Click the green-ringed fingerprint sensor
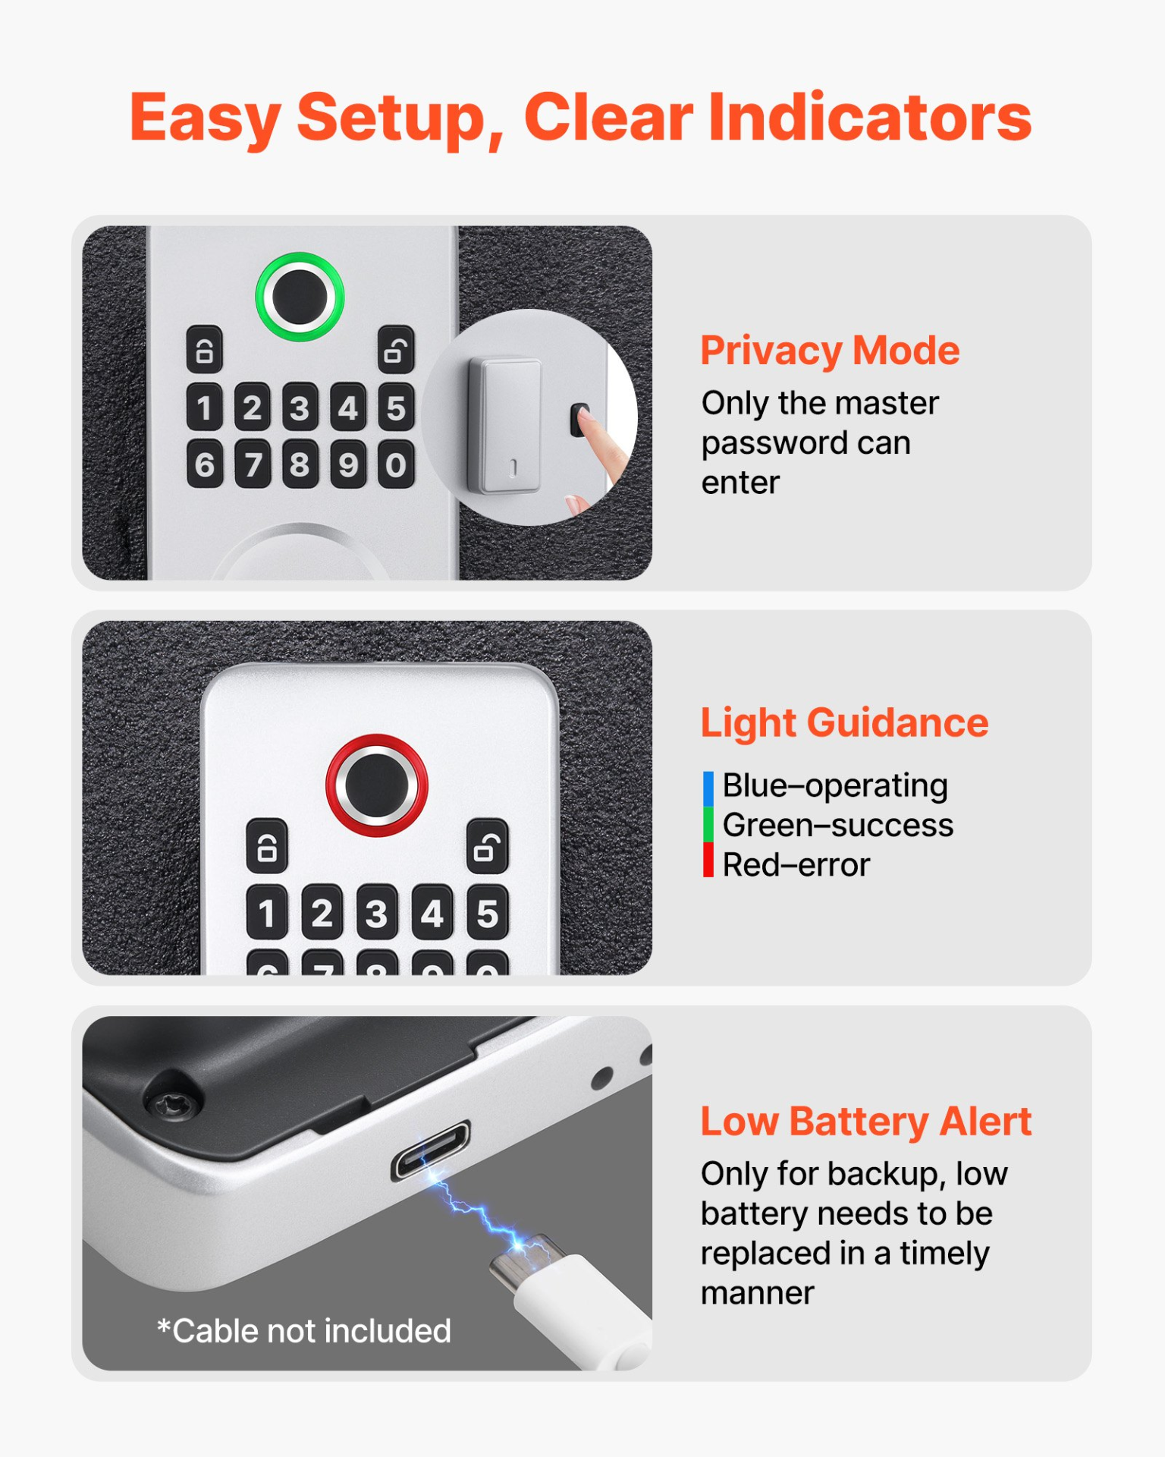pos(300,297)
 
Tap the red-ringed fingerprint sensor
pos(376,785)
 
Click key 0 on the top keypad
pos(396,464)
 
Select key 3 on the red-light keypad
pos(377,912)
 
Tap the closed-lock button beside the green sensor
pos(205,350)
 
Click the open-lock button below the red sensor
pos(487,845)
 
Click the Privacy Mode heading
pos(830,351)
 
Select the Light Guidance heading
pos(843,722)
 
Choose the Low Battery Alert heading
pos(865,1121)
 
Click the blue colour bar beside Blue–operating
pos(708,788)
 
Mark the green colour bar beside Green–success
pos(708,825)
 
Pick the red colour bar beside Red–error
pos(708,861)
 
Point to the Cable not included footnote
pos(304,1331)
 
